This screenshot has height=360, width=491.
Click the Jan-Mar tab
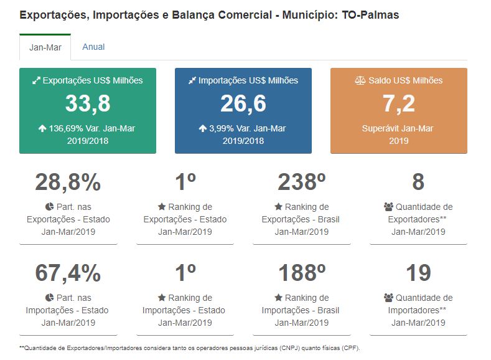pyautogui.click(x=45, y=47)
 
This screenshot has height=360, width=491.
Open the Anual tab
pyautogui.click(x=93, y=47)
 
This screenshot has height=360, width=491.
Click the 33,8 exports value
pyautogui.click(x=88, y=104)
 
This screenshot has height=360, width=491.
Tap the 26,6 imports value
pyautogui.click(x=243, y=104)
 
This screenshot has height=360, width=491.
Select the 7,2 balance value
pyautogui.click(x=398, y=104)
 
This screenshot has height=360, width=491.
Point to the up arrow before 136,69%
pyautogui.click(x=42, y=129)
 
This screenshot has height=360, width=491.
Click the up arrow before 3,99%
pyautogui.click(x=202, y=129)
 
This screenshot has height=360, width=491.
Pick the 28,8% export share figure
pyautogui.click(x=68, y=182)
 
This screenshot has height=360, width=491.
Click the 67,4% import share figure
pyautogui.click(x=68, y=273)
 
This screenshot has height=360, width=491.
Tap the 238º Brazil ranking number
pyautogui.click(x=302, y=182)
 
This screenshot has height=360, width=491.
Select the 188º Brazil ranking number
pyautogui.click(x=302, y=273)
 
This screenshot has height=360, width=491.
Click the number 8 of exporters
pyautogui.click(x=418, y=182)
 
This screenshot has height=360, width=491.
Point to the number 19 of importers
pyautogui.click(x=418, y=273)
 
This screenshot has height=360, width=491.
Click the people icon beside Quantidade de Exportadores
pyautogui.click(x=389, y=207)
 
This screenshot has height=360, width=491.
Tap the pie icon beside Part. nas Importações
pyautogui.click(x=49, y=298)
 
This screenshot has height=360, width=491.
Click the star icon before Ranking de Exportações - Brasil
pyautogui.click(x=278, y=207)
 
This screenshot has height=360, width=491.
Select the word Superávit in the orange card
pyautogui.click(x=381, y=128)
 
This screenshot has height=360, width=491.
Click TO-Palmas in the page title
pyautogui.click(x=370, y=15)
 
